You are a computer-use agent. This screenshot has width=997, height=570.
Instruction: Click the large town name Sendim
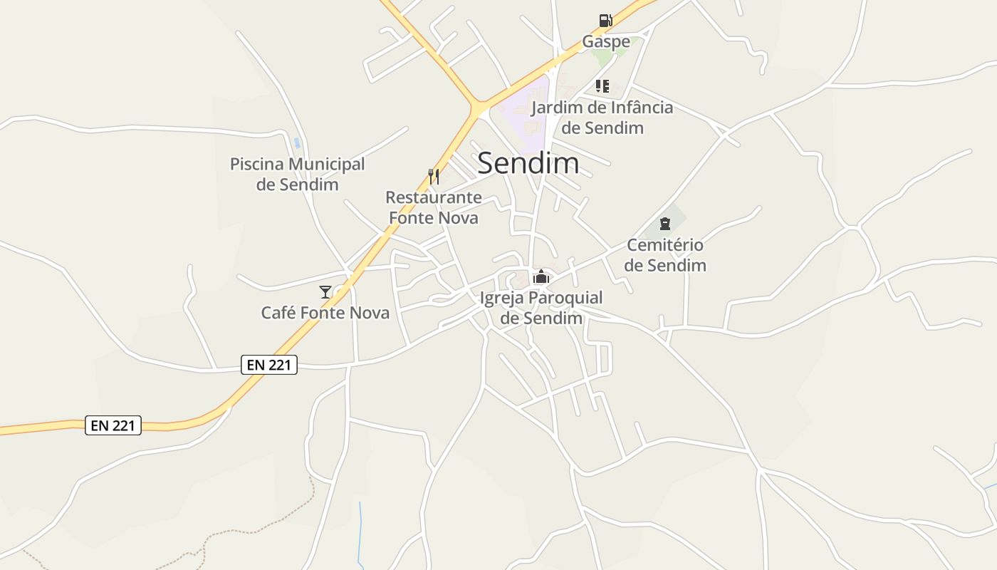(528, 163)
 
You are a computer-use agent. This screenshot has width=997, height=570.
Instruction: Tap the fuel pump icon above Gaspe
(605, 21)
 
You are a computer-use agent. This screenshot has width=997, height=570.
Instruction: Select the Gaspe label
(606, 41)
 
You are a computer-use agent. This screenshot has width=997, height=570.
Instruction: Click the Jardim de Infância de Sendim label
(602, 118)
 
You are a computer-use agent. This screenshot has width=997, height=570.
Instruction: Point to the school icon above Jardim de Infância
(602, 86)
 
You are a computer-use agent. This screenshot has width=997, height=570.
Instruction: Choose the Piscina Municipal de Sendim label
(297, 174)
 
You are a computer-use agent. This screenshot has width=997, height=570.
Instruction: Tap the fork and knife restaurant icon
(433, 176)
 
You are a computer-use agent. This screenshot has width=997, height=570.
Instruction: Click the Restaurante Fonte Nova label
(433, 207)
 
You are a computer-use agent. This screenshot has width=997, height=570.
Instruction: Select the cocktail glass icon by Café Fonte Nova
(325, 291)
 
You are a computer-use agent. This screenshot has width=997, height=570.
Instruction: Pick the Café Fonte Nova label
(325, 313)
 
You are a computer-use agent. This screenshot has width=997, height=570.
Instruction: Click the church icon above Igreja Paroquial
(541, 276)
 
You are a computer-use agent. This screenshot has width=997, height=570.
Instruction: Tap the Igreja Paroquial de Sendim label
(541, 308)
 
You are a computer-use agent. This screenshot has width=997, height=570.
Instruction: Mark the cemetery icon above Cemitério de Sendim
(665, 224)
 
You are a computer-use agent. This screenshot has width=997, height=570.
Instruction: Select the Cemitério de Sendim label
(666, 255)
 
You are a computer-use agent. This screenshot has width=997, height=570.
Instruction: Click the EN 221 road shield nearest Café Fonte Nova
(268, 365)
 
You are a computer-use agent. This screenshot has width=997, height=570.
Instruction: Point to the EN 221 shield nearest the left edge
(113, 425)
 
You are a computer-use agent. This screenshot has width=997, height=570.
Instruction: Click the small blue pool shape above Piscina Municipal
(296, 143)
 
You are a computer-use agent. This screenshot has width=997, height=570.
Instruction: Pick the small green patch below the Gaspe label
(605, 57)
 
